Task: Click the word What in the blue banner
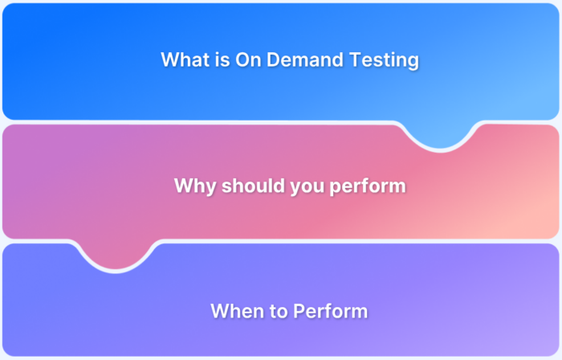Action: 184,59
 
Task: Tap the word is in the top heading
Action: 221,59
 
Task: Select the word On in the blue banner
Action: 248,59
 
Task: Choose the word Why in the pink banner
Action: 192,186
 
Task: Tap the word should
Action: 244,186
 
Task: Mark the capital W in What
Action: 169,59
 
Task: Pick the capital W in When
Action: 219,311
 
